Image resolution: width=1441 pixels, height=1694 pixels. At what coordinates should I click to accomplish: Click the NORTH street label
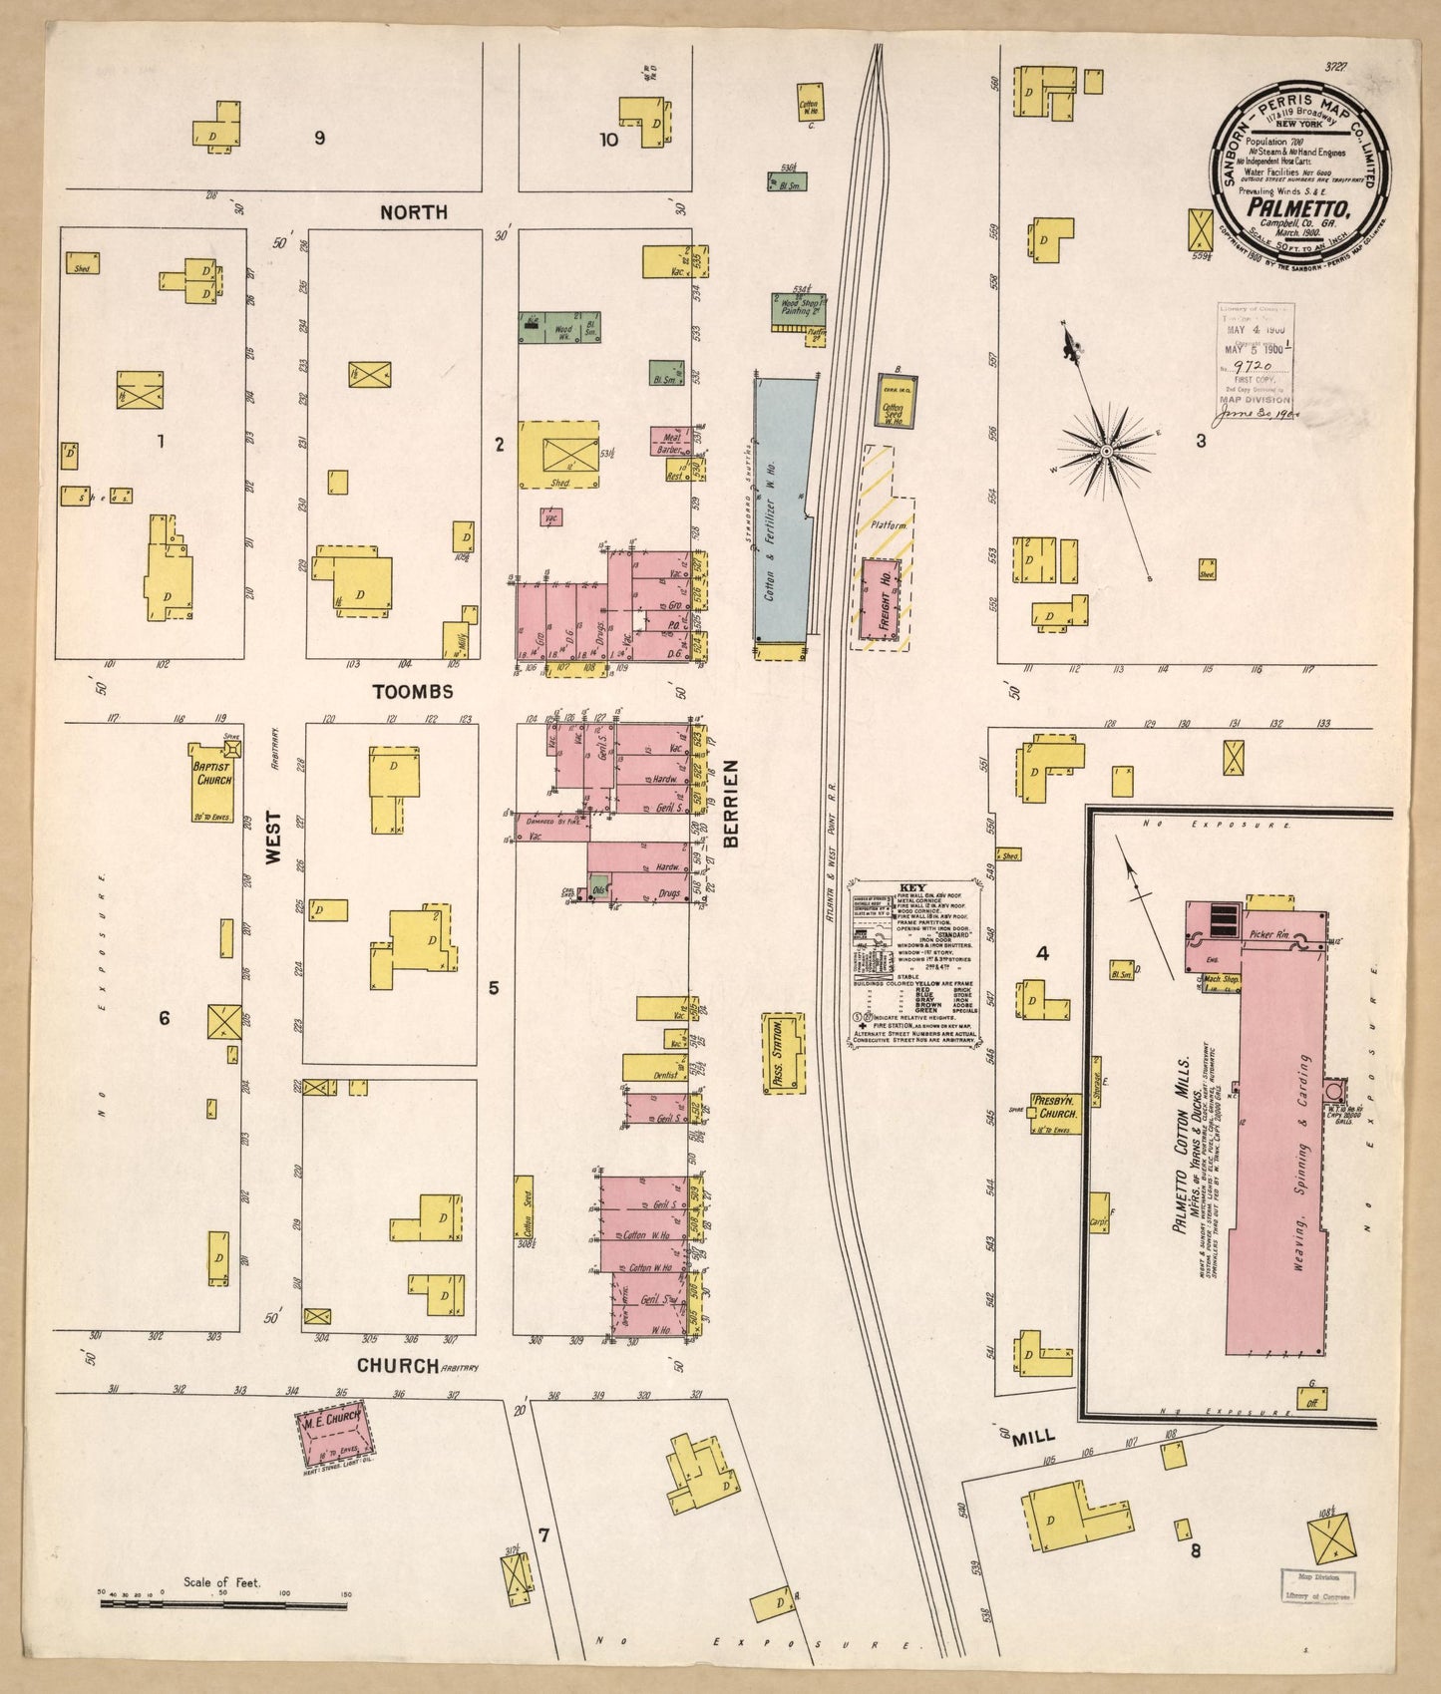(x=413, y=212)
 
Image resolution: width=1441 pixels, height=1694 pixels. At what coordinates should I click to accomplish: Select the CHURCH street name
(x=398, y=1366)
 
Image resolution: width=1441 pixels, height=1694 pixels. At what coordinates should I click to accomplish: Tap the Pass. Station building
(x=783, y=1055)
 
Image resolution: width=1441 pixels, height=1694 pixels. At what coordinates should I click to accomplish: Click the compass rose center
(x=1105, y=453)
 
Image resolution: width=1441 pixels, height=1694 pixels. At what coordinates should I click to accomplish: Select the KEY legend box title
(x=912, y=886)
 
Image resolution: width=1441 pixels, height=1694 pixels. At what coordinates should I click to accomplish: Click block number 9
(x=319, y=138)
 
